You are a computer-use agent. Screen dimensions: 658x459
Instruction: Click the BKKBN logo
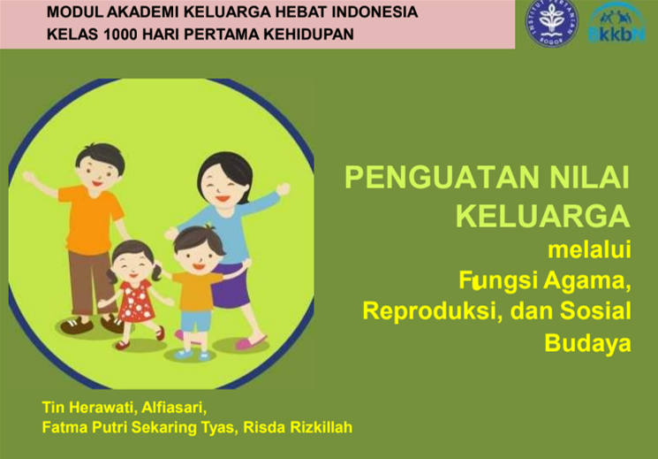(616, 23)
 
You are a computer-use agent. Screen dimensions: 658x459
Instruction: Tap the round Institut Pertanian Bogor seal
(551, 23)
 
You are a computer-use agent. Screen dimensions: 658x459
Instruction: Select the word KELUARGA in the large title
(543, 217)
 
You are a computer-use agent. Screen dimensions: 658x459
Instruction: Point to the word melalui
(589, 249)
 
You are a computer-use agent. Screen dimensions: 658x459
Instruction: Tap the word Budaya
(587, 343)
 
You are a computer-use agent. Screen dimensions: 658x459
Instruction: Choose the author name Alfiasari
(174, 408)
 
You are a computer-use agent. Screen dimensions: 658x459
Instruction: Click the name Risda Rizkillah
(298, 427)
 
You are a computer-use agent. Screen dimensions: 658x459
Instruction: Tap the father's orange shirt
(91, 220)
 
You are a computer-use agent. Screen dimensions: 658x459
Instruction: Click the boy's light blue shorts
(196, 321)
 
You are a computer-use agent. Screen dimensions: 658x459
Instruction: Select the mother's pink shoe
(251, 342)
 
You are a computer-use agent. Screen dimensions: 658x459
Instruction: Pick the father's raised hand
(29, 177)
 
